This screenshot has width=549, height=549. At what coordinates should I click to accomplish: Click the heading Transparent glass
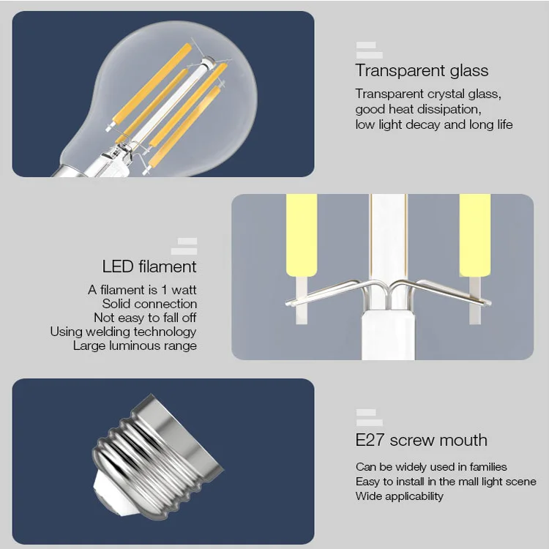click(422, 71)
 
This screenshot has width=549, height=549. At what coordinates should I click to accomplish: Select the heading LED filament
click(149, 266)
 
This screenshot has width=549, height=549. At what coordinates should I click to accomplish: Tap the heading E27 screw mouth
click(421, 440)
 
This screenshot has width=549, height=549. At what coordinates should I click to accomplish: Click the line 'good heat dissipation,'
click(418, 109)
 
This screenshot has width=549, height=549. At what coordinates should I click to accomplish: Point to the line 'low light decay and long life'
click(434, 124)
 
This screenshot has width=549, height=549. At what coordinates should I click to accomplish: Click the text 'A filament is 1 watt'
click(142, 290)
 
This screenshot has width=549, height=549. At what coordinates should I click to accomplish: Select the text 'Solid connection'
click(149, 304)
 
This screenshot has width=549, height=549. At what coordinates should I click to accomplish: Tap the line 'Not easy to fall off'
click(145, 318)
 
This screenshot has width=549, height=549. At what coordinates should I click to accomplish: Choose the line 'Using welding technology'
click(123, 332)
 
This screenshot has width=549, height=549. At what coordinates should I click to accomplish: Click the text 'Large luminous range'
click(135, 346)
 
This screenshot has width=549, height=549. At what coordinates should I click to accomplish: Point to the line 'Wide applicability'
click(400, 496)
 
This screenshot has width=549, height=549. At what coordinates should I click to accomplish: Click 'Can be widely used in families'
click(431, 467)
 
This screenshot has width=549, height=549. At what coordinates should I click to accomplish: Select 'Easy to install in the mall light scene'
click(446, 482)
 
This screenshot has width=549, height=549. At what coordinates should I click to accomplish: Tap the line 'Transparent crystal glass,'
click(428, 94)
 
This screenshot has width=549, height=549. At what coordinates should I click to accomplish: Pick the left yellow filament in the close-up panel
click(301, 234)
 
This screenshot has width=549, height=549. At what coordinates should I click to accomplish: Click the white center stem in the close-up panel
click(387, 242)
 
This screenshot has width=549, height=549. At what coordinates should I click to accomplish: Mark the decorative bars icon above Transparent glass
click(369, 50)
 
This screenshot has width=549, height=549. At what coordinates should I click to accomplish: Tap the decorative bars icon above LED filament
click(184, 246)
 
